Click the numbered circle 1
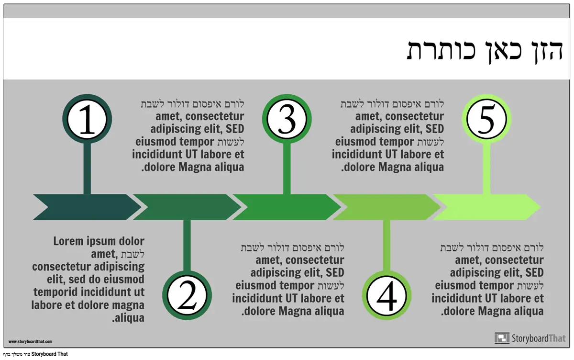pos(87,120)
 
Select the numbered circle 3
pos(287,120)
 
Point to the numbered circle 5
pos(486,120)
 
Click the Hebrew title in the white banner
pos(484,49)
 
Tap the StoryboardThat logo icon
pos(502,338)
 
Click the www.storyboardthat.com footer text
pos(30,342)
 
